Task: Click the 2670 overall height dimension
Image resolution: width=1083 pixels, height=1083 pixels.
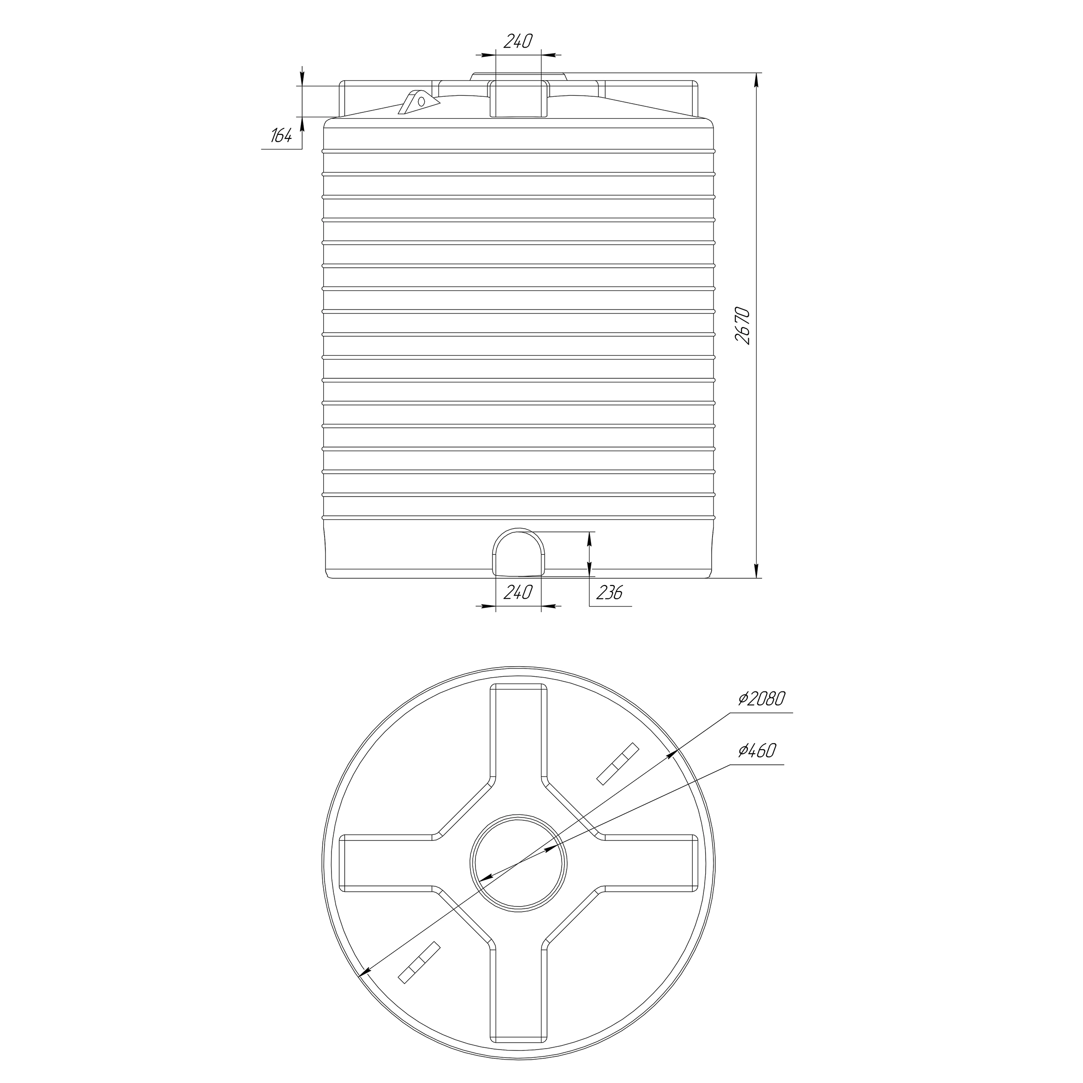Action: [x=743, y=325]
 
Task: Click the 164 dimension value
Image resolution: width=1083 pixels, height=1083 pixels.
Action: [x=282, y=136]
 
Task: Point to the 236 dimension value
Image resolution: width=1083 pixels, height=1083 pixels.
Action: [x=609, y=592]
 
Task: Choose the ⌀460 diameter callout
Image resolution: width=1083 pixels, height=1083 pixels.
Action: [x=757, y=751]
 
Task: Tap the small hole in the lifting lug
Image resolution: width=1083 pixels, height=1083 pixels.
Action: [x=421, y=101]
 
